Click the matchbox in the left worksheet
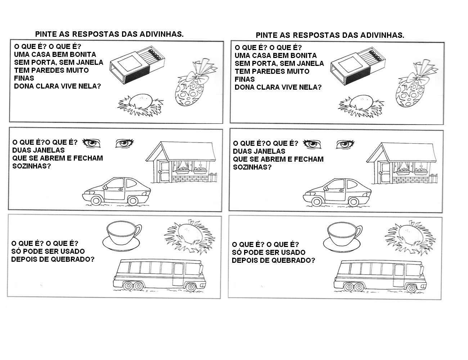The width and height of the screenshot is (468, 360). click(x=137, y=64)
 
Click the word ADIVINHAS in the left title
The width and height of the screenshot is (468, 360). click(x=162, y=34)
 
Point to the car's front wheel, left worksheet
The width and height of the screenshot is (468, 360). click(x=96, y=201)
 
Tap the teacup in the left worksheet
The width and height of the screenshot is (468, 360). click(x=124, y=234)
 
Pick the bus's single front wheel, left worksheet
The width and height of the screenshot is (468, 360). click(x=190, y=287)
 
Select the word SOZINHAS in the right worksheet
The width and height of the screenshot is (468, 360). click(x=252, y=167)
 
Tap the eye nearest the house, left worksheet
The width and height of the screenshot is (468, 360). click(x=125, y=143)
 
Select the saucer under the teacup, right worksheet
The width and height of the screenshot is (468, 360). click(x=342, y=245)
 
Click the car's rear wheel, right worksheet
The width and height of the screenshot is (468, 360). click(x=354, y=202)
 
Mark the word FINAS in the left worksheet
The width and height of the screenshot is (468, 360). click(x=24, y=78)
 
